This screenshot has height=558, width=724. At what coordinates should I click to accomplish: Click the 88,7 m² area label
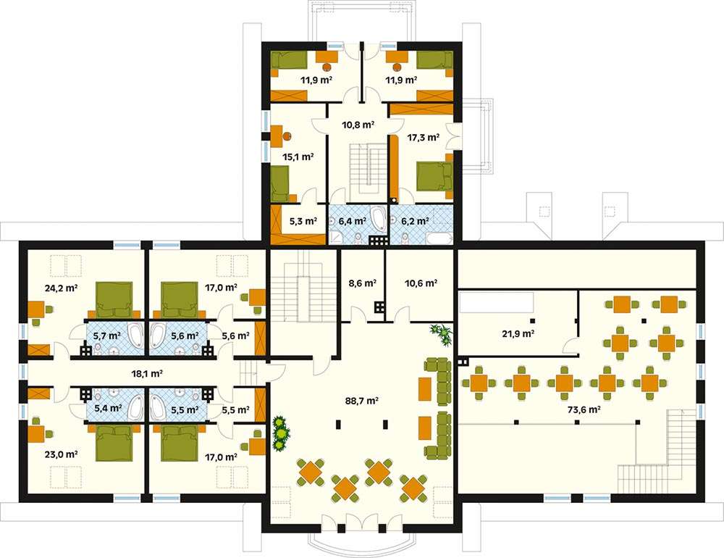[361, 401]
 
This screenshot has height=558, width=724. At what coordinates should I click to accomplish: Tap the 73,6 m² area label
[584, 409]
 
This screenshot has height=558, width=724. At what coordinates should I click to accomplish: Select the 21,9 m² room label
[518, 333]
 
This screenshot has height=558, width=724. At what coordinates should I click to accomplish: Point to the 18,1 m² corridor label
[147, 373]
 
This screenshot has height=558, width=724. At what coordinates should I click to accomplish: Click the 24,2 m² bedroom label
[61, 288]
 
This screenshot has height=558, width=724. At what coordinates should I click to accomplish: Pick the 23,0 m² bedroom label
[61, 454]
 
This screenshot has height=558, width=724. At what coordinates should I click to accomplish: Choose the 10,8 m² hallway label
[358, 125]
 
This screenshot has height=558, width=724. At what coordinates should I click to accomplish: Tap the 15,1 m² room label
[298, 157]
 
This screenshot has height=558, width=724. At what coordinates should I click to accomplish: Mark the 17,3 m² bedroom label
[423, 137]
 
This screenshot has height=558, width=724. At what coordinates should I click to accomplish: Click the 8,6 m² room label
[363, 283]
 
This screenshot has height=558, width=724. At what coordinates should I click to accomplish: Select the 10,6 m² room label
[421, 283]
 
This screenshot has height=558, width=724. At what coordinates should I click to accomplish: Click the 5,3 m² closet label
[303, 221]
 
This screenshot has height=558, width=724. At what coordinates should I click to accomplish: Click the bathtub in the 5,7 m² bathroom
[135, 335]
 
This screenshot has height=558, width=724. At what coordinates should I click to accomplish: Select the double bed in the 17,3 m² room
[434, 175]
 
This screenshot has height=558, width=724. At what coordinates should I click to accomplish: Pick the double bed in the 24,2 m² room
[114, 299]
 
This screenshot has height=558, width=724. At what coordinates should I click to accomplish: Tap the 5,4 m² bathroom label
[108, 409]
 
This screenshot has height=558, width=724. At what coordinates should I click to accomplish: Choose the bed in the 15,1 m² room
[279, 184]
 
